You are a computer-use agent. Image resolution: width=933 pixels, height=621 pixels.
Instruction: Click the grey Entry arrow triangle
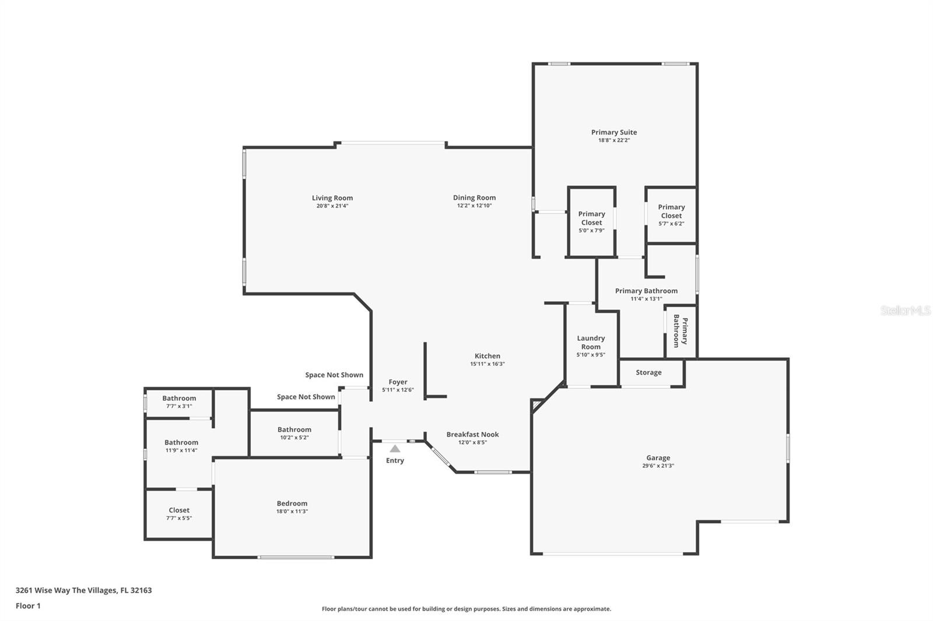395,449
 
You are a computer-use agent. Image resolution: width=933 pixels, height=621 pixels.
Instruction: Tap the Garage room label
658,458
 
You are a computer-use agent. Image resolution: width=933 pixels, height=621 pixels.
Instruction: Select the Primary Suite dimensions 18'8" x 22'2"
614,140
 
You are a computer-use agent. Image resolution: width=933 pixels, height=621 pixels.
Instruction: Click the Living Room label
332,198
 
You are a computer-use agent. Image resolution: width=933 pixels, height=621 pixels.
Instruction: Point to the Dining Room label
475,197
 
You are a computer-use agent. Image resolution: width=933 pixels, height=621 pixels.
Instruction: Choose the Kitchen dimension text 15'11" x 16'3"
487,364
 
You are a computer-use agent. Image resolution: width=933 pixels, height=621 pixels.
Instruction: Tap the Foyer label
398,382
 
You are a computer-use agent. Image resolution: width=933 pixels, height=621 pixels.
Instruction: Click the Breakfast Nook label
472,435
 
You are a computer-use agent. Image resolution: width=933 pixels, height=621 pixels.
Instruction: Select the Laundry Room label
591,343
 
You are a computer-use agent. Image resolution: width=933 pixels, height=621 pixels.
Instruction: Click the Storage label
648,372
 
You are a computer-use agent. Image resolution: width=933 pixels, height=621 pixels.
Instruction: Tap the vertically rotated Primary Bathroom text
681,331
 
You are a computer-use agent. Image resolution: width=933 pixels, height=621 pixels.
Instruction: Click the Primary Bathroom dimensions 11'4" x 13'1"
647,299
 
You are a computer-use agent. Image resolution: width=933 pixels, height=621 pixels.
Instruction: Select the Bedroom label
292,504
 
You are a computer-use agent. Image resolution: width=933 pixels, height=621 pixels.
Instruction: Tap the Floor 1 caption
28,606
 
